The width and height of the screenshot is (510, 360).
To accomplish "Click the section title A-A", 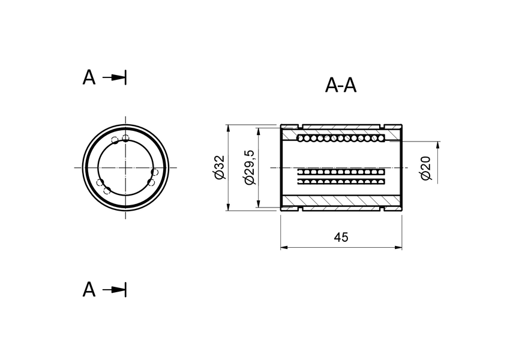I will (341, 86).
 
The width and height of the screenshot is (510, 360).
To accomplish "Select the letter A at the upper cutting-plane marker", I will (89, 77).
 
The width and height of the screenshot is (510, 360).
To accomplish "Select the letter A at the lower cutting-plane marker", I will (89, 290).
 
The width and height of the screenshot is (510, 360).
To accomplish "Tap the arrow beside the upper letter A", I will (114, 77).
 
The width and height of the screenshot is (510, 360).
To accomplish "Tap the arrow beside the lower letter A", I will (114, 290).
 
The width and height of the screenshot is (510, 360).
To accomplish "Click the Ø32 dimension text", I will (218, 167).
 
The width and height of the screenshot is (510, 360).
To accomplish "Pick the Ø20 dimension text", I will (425, 167).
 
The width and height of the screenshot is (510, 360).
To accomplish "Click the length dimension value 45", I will (341, 237).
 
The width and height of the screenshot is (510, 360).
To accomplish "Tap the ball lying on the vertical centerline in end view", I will (125, 139).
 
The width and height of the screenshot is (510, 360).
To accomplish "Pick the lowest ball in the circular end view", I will (107, 191).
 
